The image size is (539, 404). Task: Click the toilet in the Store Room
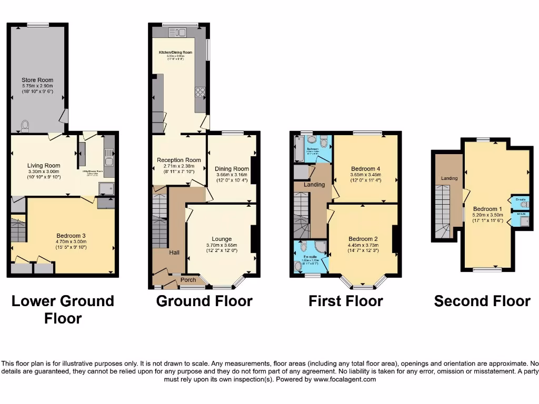tap(24, 125)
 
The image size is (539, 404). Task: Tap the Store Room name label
tap(37, 80)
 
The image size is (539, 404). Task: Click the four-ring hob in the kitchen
tap(200, 92)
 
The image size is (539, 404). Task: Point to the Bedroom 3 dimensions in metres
tap(71, 241)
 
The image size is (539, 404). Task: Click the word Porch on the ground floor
tap(188, 280)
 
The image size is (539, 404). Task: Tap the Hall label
tap(174, 253)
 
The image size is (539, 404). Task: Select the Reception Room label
tap(179, 160)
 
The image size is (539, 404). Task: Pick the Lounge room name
tap(222, 239)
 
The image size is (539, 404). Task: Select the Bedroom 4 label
tap(365, 169)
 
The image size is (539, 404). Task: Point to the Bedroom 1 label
tap(487, 208)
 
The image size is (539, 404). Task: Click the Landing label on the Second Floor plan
tap(449, 178)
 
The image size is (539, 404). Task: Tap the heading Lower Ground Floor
tap(63, 309)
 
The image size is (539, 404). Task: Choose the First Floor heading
tap(345, 301)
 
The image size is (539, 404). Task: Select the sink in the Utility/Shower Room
tap(109, 154)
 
